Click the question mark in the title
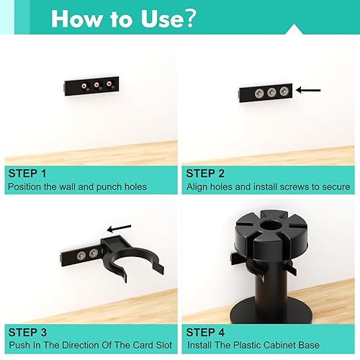pyautogui.click(x=188, y=18)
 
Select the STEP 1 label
pyautogui.click(x=27, y=174)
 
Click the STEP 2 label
pyautogui.click(x=205, y=174)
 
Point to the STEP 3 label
pyautogui.click(x=27, y=333)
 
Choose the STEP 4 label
pyautogui.click(x=205, y=333)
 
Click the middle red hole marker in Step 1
pyautogui.click(x=96, y=85)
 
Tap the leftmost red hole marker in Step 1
pyautogui.click(x=84, y=86)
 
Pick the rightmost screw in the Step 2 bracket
pyautogui.click(x=284, y=91)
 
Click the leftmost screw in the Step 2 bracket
pyautogui.click(x=259, y=93)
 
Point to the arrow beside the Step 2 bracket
pyautogui.click(x=308, y=90)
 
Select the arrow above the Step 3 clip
pyautogui.click(x=119, y=228)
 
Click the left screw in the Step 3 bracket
pyautogui.click(x=81, y=256)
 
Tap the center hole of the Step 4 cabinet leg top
pyautogui.click(x=271, y=225)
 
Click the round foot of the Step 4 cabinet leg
pyautogui.click(x=271, y=311)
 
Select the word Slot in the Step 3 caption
pyautogui.click(x=164, y=345)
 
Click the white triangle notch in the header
pyautogui.click(x=294, y=30)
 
